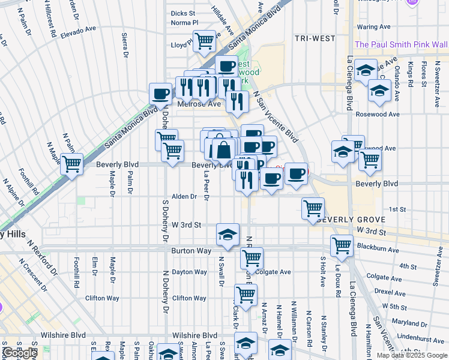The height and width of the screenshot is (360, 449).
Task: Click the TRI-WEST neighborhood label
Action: click(315, 38)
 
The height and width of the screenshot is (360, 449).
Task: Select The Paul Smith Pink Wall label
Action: click(401, 44)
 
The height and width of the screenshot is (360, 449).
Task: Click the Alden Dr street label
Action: click(184, 196)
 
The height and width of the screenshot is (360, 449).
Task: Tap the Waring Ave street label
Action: click(375, 27)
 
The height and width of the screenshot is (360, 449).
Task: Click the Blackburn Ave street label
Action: click(378, 250)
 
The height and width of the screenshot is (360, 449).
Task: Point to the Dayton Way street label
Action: click(189, 272)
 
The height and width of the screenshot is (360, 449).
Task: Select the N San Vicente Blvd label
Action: click(276, 117)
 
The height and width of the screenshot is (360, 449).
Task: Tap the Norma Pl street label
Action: click(184, 23)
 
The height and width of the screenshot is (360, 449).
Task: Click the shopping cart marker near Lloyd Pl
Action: click(205, 40)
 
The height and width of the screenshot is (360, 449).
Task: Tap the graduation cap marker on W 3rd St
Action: click(228, 235)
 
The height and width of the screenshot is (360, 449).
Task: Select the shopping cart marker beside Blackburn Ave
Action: click(342, 245)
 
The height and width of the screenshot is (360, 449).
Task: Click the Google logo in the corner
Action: click(20, 353)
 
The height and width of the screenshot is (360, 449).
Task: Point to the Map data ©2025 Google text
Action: click(412, 355)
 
